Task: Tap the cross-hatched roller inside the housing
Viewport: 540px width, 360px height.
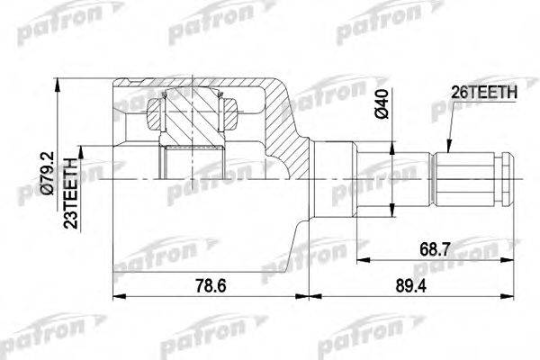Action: [x=191, y=115]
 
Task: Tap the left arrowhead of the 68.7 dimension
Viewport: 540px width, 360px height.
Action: [x=360, y=260]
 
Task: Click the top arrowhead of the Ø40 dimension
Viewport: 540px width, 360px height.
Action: [x=391, y=143]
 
